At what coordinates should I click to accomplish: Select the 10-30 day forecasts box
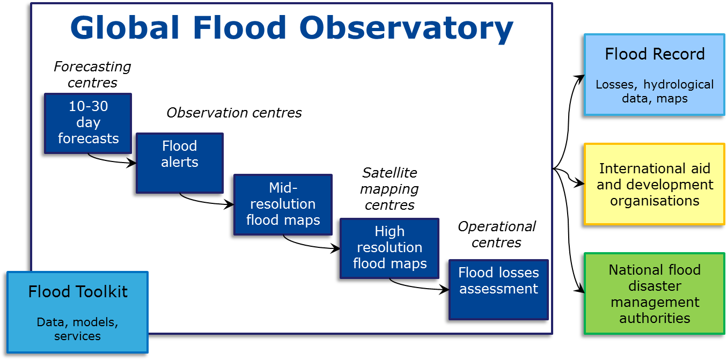pyautogui.click(x=88, y=123)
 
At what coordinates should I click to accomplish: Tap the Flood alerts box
pyautogui.click(x=179, y=162)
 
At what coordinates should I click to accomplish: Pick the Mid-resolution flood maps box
pyautogui.click(x=283, y=204)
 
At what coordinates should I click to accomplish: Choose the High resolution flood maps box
pyautogui.click(x=390, y=248)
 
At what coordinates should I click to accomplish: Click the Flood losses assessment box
pyautogui.click(x=498, y=289)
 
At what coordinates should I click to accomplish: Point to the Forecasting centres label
pyautogui.click(x=92, y=75)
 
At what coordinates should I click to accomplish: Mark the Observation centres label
pyautogui.click(x=234, y=113)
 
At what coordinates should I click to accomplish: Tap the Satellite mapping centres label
pyautogui.click(x=389, y=189)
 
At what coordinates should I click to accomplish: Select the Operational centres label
pyautogui.click(x=496, y=234)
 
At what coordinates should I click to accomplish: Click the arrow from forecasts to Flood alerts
pyautogui.click(x=110, y=160)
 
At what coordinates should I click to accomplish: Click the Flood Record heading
pyautogui.click(x=655, y=54)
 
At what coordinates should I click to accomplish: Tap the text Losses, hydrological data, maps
pyautogui.click(x=655, y=92)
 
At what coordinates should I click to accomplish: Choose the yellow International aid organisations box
pyautogui.click(x=655, y=184)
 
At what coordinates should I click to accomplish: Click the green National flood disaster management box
pyautogui.click(x=655, y=293)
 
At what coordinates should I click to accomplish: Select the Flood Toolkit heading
pyautogui.click(x=78, y=292)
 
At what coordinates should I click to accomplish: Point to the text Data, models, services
pyautogui.click(x=77, y=329)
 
